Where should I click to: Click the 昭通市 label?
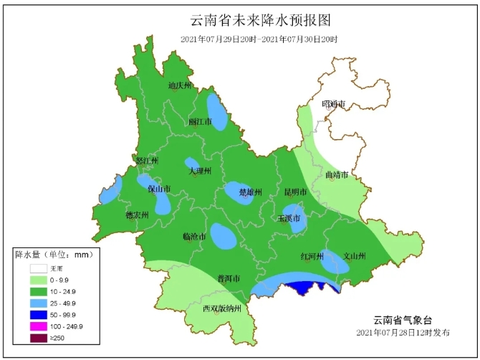[333, 105]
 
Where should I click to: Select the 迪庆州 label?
[180, 86]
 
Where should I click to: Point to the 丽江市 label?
[200, 122]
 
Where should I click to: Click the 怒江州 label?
[147, 161]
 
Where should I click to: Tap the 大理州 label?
[200, 171]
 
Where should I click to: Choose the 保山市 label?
[159, 189]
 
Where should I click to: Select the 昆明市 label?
[295, 192]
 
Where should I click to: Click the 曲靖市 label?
[337, 175]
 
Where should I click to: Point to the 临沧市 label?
[194, 236]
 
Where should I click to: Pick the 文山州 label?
[355, 256]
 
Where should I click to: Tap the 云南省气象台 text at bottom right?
[403, 320]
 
